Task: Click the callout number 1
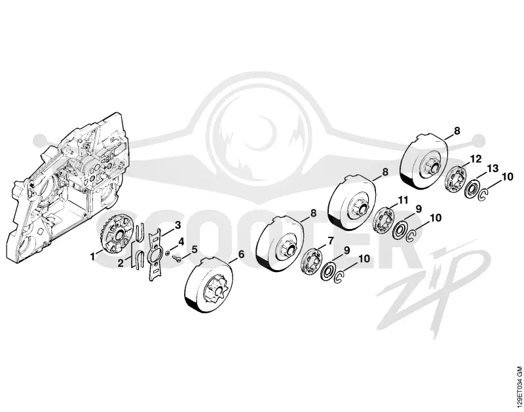click(92, 256)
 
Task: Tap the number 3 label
click(178, 225)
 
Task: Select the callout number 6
click(241, 254)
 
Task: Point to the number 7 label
click(331, 240)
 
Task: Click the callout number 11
click(403, 200)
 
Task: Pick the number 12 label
click(476, 159)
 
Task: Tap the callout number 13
click(493, 168)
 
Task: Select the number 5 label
click(194, 249)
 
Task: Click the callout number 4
click(181, 241)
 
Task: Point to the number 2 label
click(121, 263)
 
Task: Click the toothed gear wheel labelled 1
click(114, 236)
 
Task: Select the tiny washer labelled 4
click(168, 252)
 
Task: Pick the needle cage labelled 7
click(310, 262)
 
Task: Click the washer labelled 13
click(472, 189)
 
